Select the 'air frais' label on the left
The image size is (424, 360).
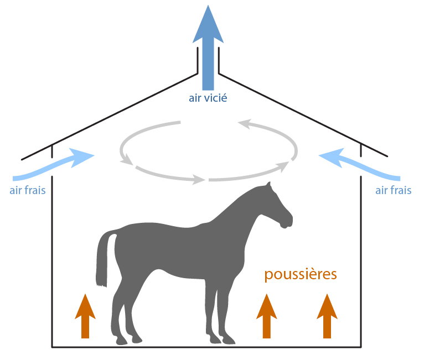tap(27, 190)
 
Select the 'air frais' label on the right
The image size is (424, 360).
tap(394, 190)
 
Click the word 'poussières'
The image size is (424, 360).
tap(301, 275)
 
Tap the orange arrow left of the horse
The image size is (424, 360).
tap(85, 315)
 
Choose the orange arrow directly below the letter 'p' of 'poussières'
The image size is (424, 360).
tap(266, 315)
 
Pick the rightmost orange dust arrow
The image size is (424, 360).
tap(327, 315)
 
